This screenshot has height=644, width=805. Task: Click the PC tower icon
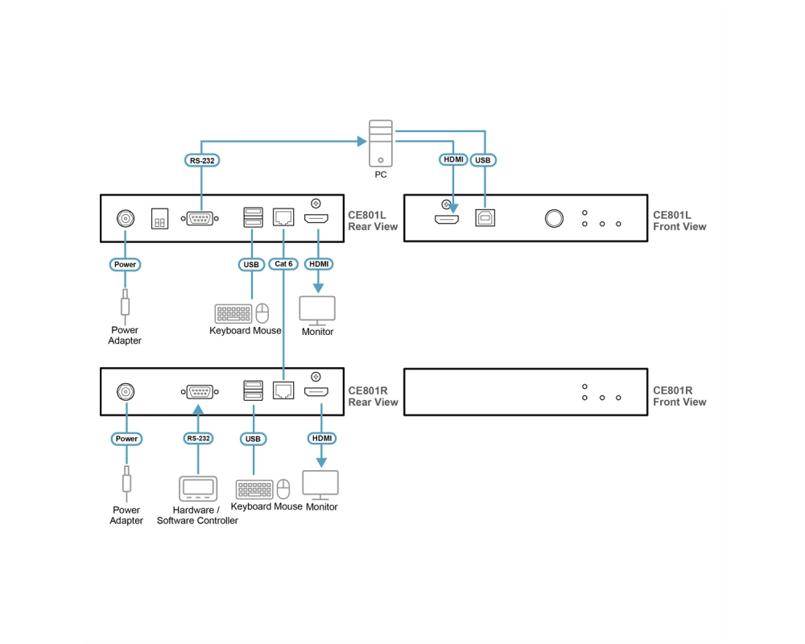(x=381, y=143)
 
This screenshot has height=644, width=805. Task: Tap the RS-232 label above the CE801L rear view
(x=202, y=160)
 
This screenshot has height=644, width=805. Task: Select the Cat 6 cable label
(x=283, y=264)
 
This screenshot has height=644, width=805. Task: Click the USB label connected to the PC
(x=482, y=159)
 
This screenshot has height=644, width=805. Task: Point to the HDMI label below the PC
(x=453, y=159)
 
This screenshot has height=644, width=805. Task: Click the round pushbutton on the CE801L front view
(x=554, y=218)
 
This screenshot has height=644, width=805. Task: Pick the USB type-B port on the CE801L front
(x=485, y=217)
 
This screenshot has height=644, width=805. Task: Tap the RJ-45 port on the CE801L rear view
(x=283, y=217)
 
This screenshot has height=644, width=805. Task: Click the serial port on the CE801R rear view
(x=200, y=392)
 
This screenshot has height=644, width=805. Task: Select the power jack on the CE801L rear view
(x=126, y=218)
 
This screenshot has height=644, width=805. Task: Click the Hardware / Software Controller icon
(x=198, y=488)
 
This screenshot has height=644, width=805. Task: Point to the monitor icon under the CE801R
(x=320, y=485)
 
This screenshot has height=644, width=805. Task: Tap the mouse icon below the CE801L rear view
(x=262, y=313)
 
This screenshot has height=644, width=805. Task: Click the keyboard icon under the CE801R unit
(x=254, y=489)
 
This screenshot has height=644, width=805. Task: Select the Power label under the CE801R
(x=126, y=439)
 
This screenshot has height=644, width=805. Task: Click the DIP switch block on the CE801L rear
(x=159, y=218)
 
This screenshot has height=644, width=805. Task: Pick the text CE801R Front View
(x=679, y=396)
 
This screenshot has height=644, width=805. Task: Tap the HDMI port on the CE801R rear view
(x=316, y=392)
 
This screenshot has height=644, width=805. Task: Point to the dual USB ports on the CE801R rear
(x=253, y=390)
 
